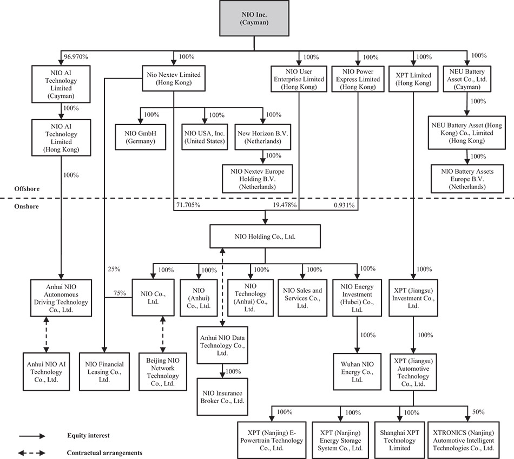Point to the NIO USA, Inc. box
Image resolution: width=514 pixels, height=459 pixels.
click(204, 137)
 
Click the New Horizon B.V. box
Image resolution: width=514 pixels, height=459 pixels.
click(264, 137)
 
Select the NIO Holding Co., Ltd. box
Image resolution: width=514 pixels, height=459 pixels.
click(265, 237)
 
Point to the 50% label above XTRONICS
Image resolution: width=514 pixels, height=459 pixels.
click(478, 412)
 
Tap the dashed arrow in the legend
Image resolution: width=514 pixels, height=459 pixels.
click(32, 453)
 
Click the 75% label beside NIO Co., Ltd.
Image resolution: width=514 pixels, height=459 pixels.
click(119, 293)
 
